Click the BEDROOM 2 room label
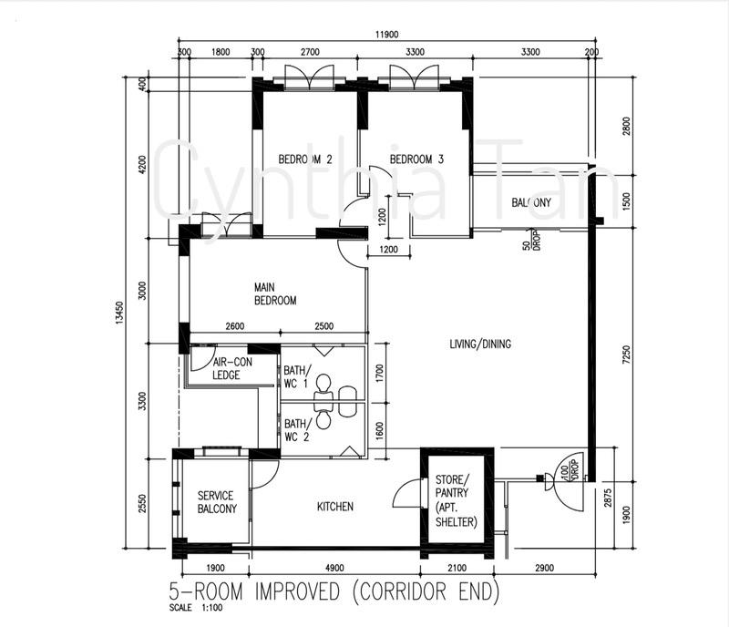tap(304, 159)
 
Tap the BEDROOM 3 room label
tap(416, 159)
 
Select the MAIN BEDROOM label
tap(274, 293)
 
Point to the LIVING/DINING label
tap(480, 344)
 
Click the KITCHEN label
tap(334, 507)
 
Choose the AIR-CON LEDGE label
tap(228, 367)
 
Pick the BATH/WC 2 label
tap(296, 429)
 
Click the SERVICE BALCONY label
tap(217, 502)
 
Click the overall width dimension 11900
tap(386, 36)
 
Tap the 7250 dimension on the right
tap(625, 354)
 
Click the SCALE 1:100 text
tap(193, 609)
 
